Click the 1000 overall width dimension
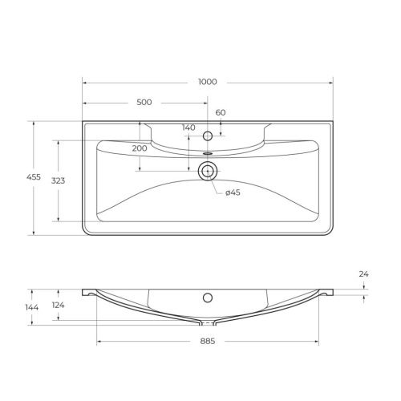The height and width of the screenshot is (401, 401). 208,82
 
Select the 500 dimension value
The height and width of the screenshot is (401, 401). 144,103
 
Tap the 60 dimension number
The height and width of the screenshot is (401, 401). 221,112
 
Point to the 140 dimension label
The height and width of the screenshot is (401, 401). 188,128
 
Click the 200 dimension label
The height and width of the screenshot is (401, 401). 140,148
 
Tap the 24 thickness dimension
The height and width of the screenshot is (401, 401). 363,274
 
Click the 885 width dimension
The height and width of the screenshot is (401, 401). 208,341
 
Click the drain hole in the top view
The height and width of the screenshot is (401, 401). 208,169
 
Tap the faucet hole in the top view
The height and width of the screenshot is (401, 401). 208,136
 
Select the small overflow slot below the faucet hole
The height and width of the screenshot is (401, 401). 208,152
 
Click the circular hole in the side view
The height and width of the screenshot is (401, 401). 208,298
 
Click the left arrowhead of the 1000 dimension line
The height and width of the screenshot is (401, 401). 85,82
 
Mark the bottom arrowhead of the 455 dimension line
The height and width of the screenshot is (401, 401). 33,233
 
